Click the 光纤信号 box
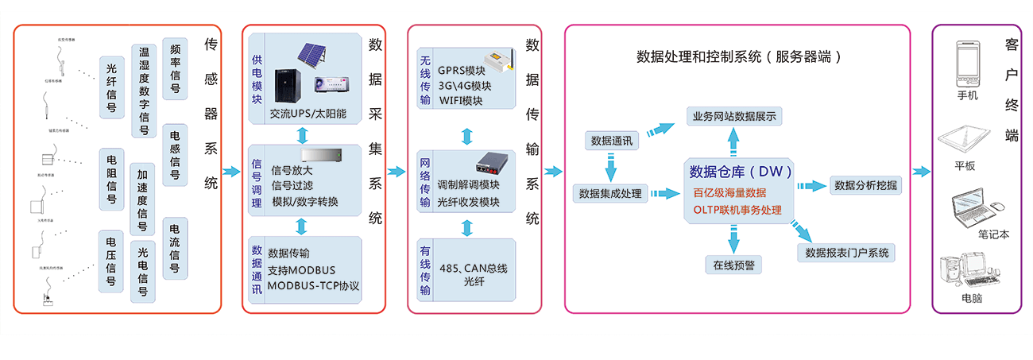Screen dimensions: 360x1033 point(112,87)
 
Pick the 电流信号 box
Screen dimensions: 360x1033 point(175,246)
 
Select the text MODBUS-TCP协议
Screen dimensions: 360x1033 point(313,285)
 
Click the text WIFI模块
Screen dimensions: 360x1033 point(461,100)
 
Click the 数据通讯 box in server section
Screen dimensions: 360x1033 point(612,141)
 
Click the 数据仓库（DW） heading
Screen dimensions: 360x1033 point(740,172)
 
